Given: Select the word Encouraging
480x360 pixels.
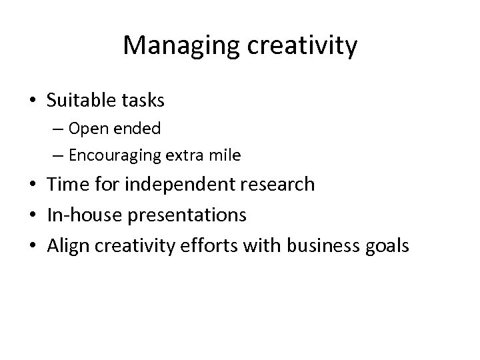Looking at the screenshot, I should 109,156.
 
